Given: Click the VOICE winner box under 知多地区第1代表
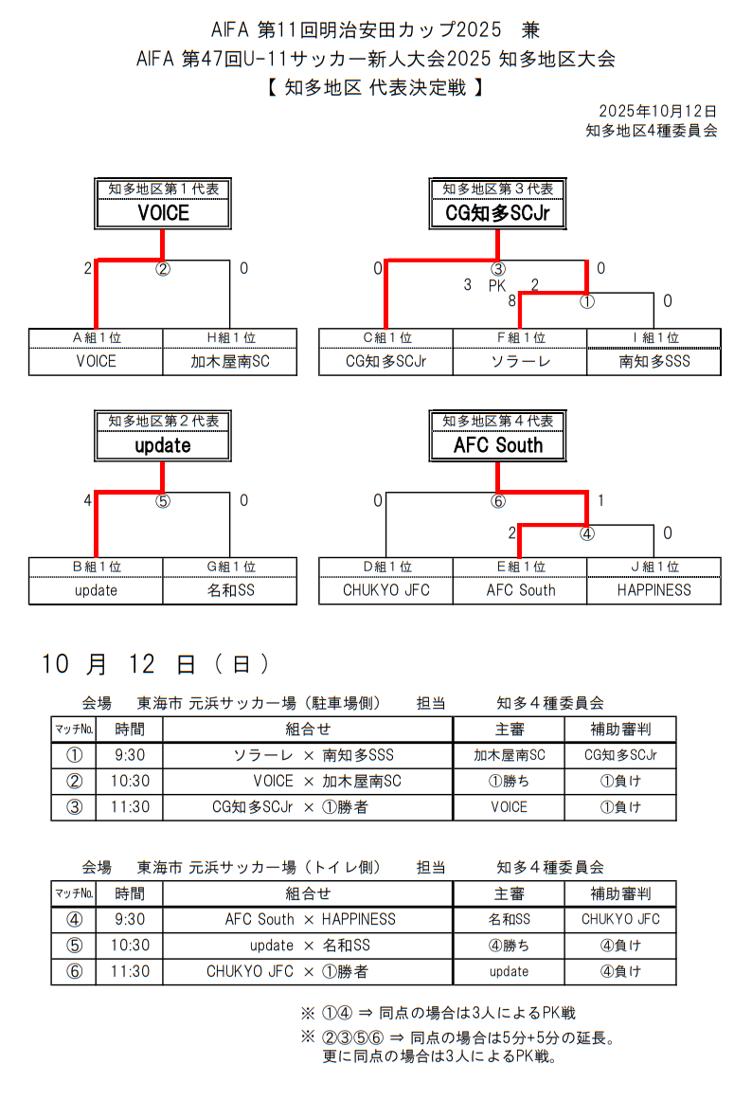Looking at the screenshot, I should tap(163, 213).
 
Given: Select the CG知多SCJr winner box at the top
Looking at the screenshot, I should tap(497, 213).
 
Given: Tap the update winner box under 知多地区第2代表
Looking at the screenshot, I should tap(163, 445).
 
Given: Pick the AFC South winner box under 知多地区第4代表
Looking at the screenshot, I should tap(497, 445).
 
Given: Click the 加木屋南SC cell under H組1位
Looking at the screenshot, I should tap(230, 361).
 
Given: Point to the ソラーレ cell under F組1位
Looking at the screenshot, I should tap(520, 361).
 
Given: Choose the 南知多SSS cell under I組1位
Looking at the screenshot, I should tap(654, 361).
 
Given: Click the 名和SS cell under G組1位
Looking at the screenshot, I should tap(230, 590).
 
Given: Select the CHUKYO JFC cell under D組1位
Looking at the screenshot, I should tap(385, 590).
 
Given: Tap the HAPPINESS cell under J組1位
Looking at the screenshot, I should tap(654, 590).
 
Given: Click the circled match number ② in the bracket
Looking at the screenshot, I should tap(163, 269).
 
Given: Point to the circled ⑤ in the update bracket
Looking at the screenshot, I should tap(163, 501).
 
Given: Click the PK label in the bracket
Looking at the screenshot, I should tap(498, 285).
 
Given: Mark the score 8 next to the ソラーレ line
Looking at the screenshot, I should tap(511, 301).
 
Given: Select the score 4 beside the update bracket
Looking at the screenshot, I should tap(87, 500).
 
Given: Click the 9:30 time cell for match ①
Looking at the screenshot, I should tap(129, 755).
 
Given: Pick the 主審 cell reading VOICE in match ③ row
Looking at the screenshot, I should tap(509, 807).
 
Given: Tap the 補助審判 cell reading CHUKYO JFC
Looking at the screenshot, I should tap(620, 919).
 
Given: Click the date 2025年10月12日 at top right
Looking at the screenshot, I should tap(657, 112).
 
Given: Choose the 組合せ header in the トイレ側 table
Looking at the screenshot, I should tap(308, 893).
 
